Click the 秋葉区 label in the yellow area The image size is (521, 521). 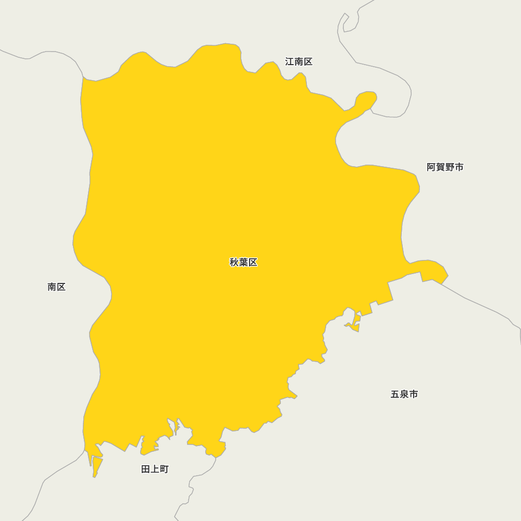coord(243,262)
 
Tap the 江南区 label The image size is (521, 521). coord(299,61)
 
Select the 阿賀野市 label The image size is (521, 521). coord(445,167)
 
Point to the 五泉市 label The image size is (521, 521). coord(404,394)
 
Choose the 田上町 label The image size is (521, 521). coord(155,469)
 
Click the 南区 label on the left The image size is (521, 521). coord(56,287)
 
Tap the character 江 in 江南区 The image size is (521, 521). coord(290,61)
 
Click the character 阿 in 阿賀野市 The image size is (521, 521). coord(431,167)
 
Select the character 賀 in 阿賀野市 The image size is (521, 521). coord(441,167)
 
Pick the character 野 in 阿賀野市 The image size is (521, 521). coord(450,167)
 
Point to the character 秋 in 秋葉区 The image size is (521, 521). coord(234,262)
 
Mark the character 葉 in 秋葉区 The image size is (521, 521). coord(243,262)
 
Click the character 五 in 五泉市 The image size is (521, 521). coord(395,394)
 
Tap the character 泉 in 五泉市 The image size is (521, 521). coord(404,394)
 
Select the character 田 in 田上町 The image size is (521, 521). coord(146,469)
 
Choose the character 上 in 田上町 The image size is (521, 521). coord(155,469)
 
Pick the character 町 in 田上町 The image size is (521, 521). coord(164,469)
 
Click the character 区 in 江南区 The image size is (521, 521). coord(308,61)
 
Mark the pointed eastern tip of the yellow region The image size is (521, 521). coord(447,275)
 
